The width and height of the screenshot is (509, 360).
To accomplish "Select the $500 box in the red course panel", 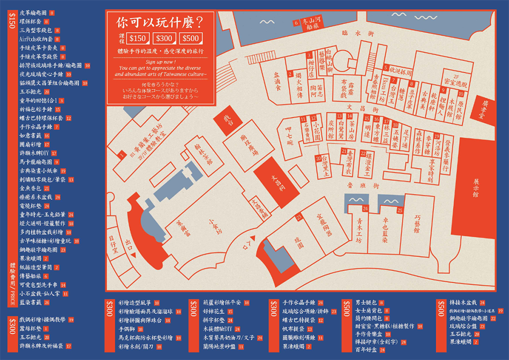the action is [191, 38].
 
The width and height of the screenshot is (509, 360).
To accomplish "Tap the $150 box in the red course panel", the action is [138, 38].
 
